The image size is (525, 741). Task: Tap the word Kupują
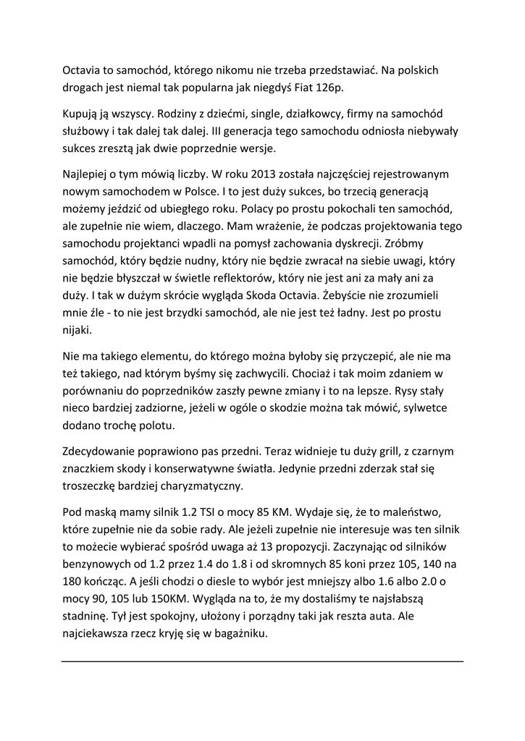(82, 114)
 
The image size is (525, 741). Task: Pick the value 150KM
(177, 598)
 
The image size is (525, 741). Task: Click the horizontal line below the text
(262, 661)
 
